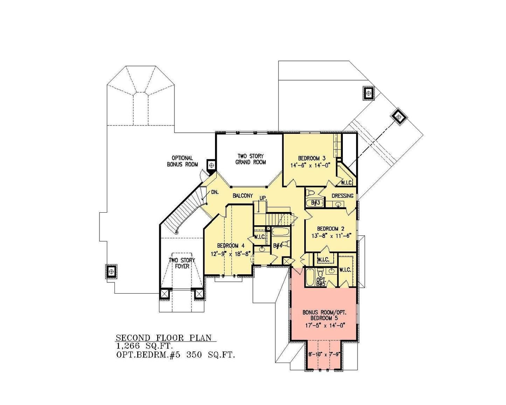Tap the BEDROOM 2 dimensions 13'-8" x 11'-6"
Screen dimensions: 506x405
(x=332, y=235)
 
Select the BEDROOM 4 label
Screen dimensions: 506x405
(x=231, y=246)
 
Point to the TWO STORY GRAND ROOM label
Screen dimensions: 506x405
(x=251, y=159)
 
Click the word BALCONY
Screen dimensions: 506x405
(x=243, y=195)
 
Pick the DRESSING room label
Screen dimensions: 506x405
(x=342, y=196)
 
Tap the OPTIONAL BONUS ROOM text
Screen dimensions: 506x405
(x=182, y=161)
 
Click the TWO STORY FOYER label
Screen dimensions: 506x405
(x=182, y=263)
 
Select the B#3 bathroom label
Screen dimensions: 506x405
(x=315, y=202)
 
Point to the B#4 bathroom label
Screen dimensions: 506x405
(x=277, y=246)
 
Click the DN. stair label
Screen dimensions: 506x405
(x=215, y=192)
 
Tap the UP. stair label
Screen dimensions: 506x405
(x=263, y=198)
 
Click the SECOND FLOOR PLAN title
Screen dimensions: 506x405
(x=164, y=338)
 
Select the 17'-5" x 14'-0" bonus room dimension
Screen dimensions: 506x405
(x=325, y=325)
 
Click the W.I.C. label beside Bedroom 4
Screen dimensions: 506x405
(x=260, y=237)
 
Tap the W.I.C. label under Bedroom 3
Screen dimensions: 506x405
(x=346, y=183)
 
